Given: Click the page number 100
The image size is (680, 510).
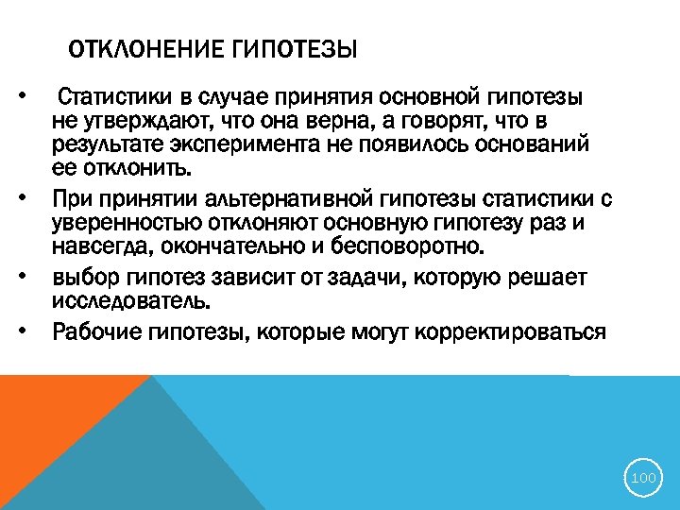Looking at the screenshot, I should [643, 479].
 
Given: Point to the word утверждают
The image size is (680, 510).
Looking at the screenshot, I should [148, 123].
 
